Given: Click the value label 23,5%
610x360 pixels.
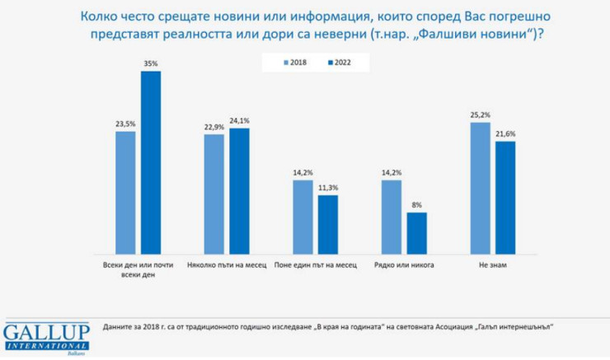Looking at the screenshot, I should [125, 124].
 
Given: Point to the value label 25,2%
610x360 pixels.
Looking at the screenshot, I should [481, 115].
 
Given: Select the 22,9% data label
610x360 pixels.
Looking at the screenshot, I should [213, 127].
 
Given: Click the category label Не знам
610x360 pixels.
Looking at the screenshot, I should [493, 266].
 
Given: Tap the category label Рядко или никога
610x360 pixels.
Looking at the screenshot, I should [404, 266].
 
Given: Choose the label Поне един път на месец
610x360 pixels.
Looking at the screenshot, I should [316, 266].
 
